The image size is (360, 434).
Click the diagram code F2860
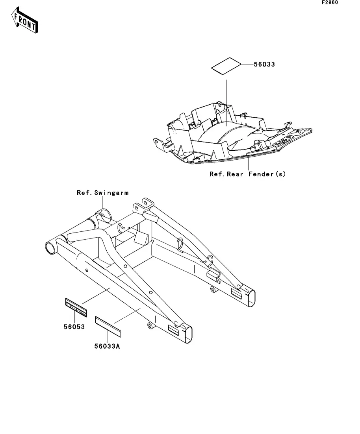point(330,3)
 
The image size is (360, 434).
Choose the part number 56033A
point(107,346)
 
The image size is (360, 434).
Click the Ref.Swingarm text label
point(102,193)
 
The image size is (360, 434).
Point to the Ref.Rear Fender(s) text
point(247,174)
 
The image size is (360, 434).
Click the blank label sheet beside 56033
point(226,66)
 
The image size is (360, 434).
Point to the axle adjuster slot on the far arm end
point(237,293)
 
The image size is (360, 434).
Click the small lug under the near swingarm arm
point(150,326)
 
